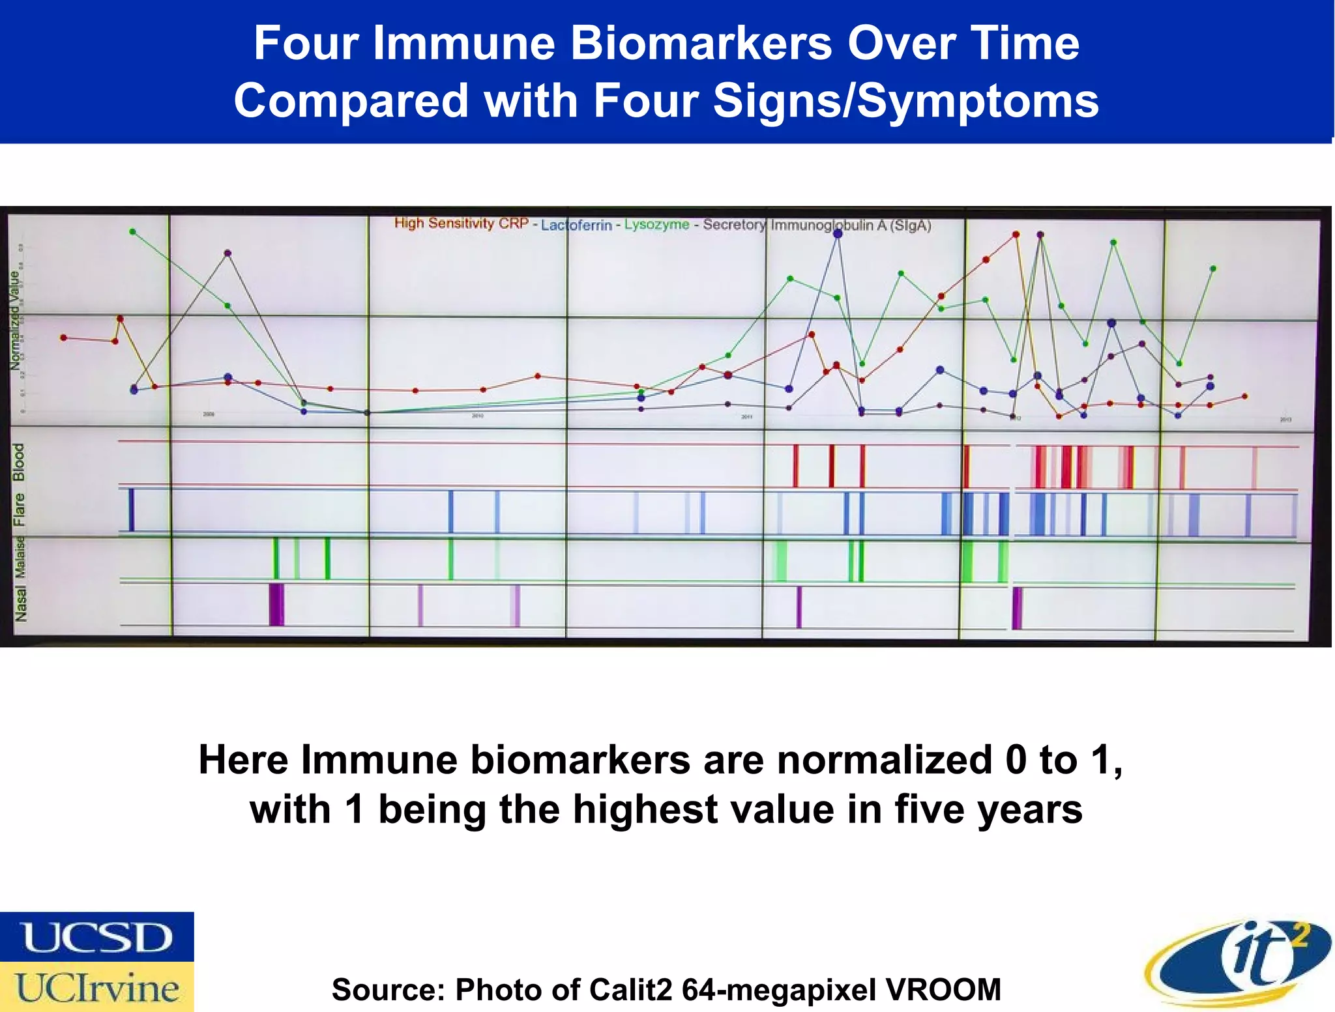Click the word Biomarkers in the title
701,43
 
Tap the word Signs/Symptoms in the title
905,101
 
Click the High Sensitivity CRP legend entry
461,224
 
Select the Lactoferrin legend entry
576,225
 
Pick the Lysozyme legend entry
656,224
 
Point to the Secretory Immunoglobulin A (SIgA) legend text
817,225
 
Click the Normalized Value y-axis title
14,320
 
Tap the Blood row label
19,462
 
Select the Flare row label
20,509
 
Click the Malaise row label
20,557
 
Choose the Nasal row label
21,603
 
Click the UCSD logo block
96,937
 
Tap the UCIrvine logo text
96,987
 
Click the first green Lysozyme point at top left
132,231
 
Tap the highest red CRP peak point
1016,234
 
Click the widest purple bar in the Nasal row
276,605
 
